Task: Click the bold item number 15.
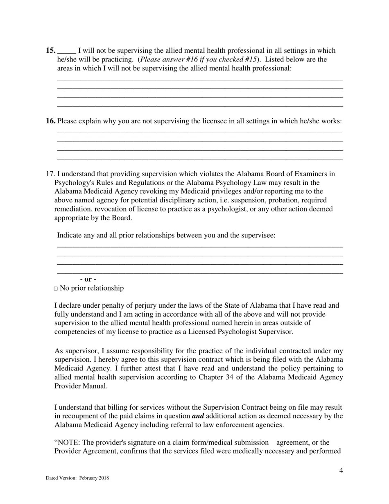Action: [50, 51]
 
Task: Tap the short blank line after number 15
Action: [66, 53]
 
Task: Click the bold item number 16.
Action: [50, 121]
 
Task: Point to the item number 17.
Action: [50, 174]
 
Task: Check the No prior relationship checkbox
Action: [56, 289]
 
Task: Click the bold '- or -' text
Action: [88, 279]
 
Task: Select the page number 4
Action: [341, 470]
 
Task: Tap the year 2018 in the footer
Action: [104, 478]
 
